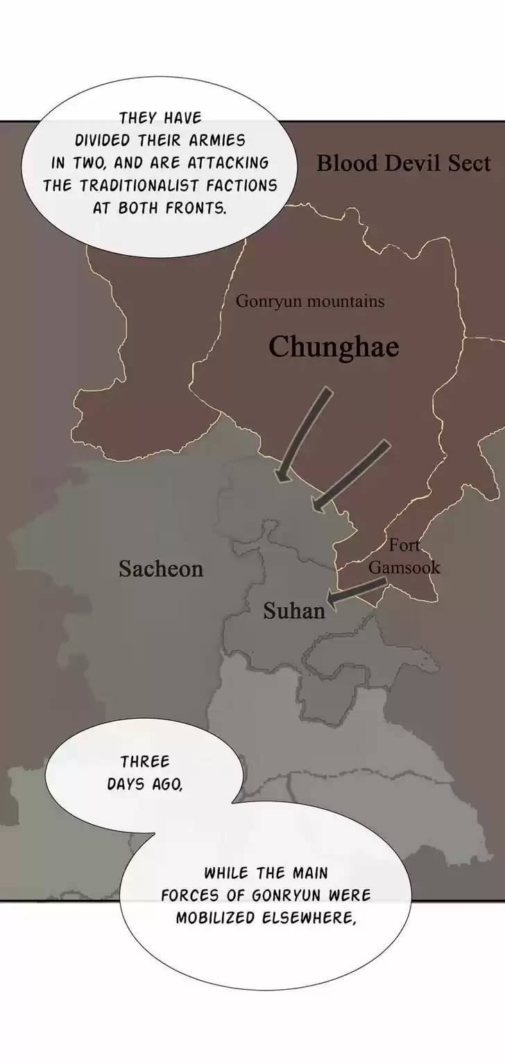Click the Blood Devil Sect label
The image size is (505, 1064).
click(x=403, y=164)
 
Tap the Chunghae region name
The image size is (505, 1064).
click(x=334, y=347)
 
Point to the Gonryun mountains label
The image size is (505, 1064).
click(x=310, y=302)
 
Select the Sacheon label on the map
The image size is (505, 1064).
click(x=161, y=569)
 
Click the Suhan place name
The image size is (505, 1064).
click(x=294, y=611)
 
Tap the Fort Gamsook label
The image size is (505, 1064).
click(x=404, y=557)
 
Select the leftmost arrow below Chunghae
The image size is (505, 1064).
click(x=303, y=434)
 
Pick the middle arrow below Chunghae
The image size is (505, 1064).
click(x=350, y=476)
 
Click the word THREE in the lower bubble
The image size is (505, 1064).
click(x=145, y=762)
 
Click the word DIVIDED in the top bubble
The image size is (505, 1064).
click(x=103, y=140)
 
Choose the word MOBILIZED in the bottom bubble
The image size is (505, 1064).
click(x=214, y=918)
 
